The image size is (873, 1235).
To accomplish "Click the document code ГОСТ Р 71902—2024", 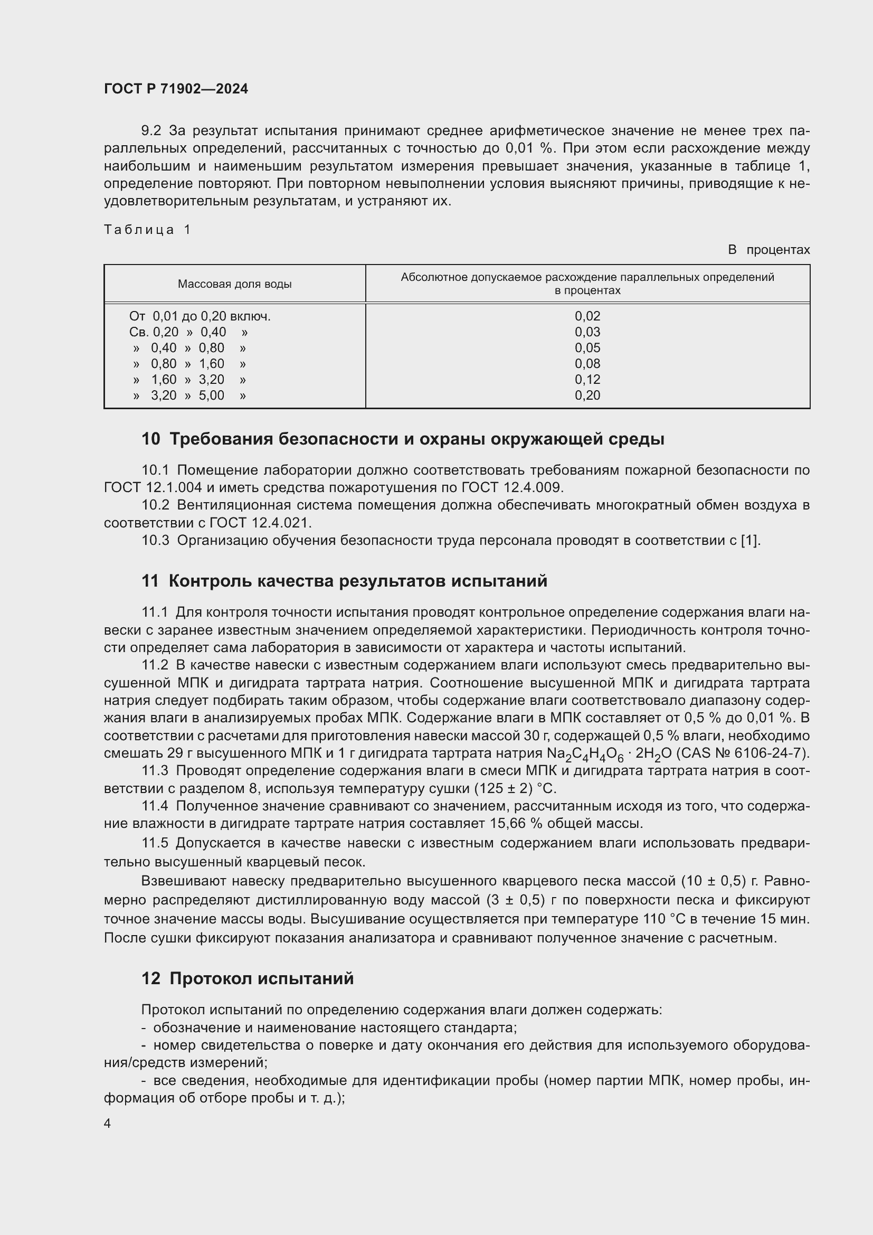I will pyautogui.click(x=176, y=89).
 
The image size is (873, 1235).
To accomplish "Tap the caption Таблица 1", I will pyautogui.click(x=147, y=230).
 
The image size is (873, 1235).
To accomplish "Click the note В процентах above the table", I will pyautogui.click(x=768, y=250).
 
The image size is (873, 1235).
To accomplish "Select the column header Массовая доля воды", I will pyautogui.click(x=234, y=284).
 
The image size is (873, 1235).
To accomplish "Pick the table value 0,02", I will pyautogui.click(x=587, y=316).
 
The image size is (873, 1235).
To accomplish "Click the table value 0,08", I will pyautogui.click(x=587, y=364).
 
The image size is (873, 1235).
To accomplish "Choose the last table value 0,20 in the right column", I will pyautogui.click(x=587, y=395).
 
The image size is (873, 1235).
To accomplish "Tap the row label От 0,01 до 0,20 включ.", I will pyautogui.click(x=200, y=316).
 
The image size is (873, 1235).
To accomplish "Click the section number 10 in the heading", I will pyautogui.click(x=150, y=439).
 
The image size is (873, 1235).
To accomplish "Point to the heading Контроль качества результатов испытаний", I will pyautogui.click(x=357, y=581).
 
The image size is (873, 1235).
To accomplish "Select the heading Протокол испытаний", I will pyautogui.click(x=261, y=978).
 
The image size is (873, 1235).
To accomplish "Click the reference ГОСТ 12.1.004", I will pyautogui.click(x=153, y=488).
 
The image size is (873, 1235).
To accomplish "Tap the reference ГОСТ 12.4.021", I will pyautogui.click(x=259, y=523).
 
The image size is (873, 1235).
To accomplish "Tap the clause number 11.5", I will pyautogui.click(x=155, y=843).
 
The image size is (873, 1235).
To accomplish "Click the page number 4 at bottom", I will pyautogui.click(x=108, y=1124).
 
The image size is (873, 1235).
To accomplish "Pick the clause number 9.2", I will pyautogui.click(x=151, y=131).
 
